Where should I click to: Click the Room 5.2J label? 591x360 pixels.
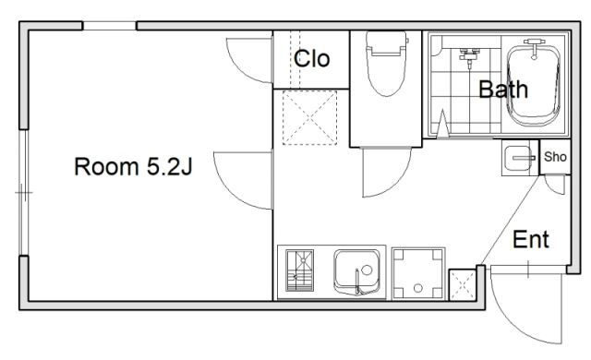pyautogui.click(x=133, y=167)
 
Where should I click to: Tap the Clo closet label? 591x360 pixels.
pyautogui.click(x=312, y=59)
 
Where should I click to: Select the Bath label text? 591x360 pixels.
pyautogui.click(x=503, y=90)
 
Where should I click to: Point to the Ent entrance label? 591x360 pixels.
pyautogui.click(x=531, y=239)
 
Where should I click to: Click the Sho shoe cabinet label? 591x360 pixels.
pyautogui.click(x=555, y=157)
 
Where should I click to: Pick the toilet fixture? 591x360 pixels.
pyautogui.click(x=387, y=64)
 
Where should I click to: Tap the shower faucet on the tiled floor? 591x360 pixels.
pyautogui.click(x=469, y=57)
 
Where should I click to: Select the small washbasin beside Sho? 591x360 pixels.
pyautogui.click(x=519, y=158)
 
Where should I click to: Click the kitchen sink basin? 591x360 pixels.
pyautogui.click(x=356, y=271)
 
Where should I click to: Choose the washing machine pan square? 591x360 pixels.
pyautogui.click(x=418, y=274)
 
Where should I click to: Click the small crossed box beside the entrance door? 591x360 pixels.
pyautogui.click(x=463, y=284)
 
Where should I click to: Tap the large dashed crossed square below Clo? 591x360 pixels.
pyautogui.click(x=309, y=117)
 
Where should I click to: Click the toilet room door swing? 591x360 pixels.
pyautogui.click(x=399, y=184)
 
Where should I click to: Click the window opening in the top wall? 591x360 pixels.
pyautogui.click(x=109, y=26)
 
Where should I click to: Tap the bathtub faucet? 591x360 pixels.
pyautogui.click(x=534, y=47)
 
